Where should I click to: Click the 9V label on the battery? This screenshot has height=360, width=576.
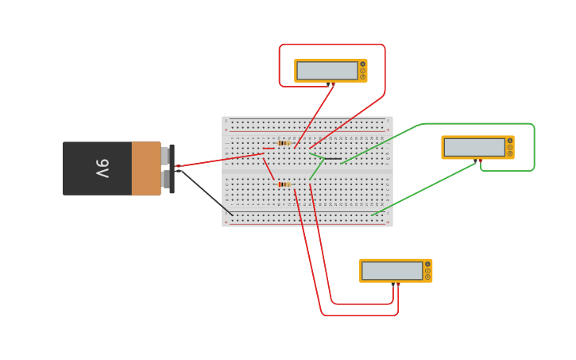pyautogui.click(x=102, y=168)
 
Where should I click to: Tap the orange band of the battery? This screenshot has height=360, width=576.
pyautogui.click(x=146, y=168)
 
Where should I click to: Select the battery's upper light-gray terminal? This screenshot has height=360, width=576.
pyautogui.click(x=165, y=156)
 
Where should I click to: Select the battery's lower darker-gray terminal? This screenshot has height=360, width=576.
pyautogui.click(x=165, y=180)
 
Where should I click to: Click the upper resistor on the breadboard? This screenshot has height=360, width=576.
pyautogui.click(x=284, y=143)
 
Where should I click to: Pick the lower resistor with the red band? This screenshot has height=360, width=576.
pyautogui.click(x=284, y=184)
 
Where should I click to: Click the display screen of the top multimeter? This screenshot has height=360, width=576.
pyautogui.click(x=327, y=71)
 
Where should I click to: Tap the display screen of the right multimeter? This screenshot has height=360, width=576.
pyautogui.click(x=474, y=147)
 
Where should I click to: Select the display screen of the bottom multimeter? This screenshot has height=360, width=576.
pyautogui.click(x=392, y=271)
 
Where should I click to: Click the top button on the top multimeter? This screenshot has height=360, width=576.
pyautogui.click(x=363, y=64)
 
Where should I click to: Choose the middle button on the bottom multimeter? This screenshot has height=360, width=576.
pyautogui.click(x=427, y=271)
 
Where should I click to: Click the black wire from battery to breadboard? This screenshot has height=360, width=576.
pyautogui.click(x=205, y=192)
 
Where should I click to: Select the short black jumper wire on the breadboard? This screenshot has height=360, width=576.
pyautogui.click(x=333, y=159)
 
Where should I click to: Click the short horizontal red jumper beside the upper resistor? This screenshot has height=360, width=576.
pyautogui.click(x=269, y=148)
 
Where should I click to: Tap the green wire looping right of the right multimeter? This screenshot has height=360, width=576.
pyautogui.click(x=534, y=147)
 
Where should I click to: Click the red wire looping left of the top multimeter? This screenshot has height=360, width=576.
pyautogui.click(x=279, y=65)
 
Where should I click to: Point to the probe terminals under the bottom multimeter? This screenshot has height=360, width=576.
pyautogui.click(x=395, y=285)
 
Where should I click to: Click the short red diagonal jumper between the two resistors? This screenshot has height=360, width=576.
pyautogui.click(x=269, y=168)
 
